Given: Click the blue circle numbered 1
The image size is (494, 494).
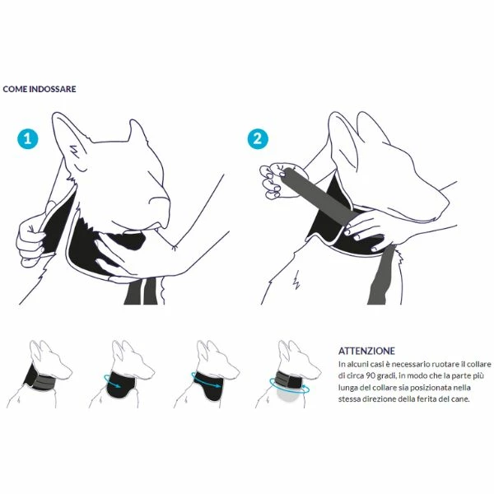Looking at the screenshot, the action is click(x=28, y=139).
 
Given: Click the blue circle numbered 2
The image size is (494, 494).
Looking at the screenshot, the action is click(x=258, y=139).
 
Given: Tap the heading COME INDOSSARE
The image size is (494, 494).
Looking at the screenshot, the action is click(x=40, y=89).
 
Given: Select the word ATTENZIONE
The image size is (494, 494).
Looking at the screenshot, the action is click(x=366, y=351).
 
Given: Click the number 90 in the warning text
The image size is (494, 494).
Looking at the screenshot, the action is click(x=370, y=376).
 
